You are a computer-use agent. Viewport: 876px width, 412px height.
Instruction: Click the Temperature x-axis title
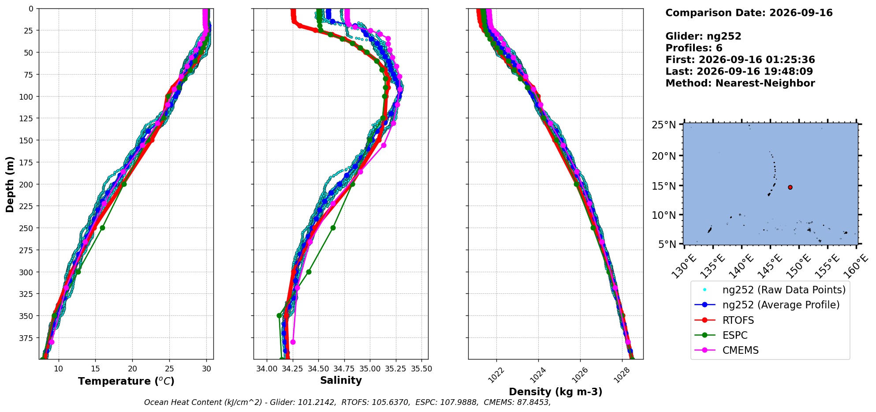click(126, 381)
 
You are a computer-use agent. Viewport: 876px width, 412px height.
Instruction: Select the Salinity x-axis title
click(341, 380)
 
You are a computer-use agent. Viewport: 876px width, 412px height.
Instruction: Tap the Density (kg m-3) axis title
click(555, 392)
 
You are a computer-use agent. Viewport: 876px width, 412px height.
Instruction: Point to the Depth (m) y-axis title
click(10, 184)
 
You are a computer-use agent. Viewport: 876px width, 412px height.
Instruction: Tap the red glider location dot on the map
click(790, 187)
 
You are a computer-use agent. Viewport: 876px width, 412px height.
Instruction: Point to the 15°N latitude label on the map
click(664, 186)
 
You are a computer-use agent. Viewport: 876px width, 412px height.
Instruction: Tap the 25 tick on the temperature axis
click(170, 369)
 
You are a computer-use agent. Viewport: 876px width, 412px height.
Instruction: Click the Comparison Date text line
click(749, 13)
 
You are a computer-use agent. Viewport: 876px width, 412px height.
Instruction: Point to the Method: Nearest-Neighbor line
click(740, 83)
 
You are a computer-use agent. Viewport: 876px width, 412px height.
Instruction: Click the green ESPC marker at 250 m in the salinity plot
click(333, 228)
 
